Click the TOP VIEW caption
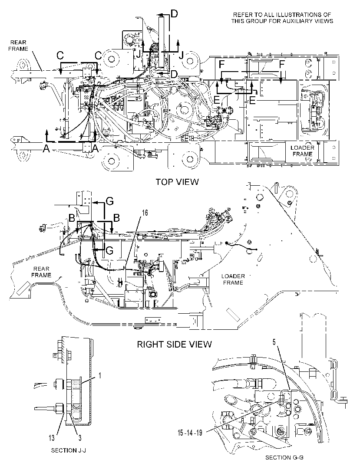pyautogui.click(x=177, y=182)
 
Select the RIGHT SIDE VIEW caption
pyautogui.click(x=174, y=344)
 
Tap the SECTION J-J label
pyautogui.click(x=69, y=450)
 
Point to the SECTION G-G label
pyautogui.click(x=284, y=457)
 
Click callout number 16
pyautogui.click(x=145, y=213)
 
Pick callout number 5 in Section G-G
pyautogui.click(x=274, y=342)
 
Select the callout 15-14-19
pyautogui.click(x=190, y=433)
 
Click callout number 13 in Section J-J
pyautogui.click(x=52, y=437)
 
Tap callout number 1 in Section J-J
pyautogui.click(x=100, y=376)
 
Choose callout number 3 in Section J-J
pyautogui.click(x=80, y=437)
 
